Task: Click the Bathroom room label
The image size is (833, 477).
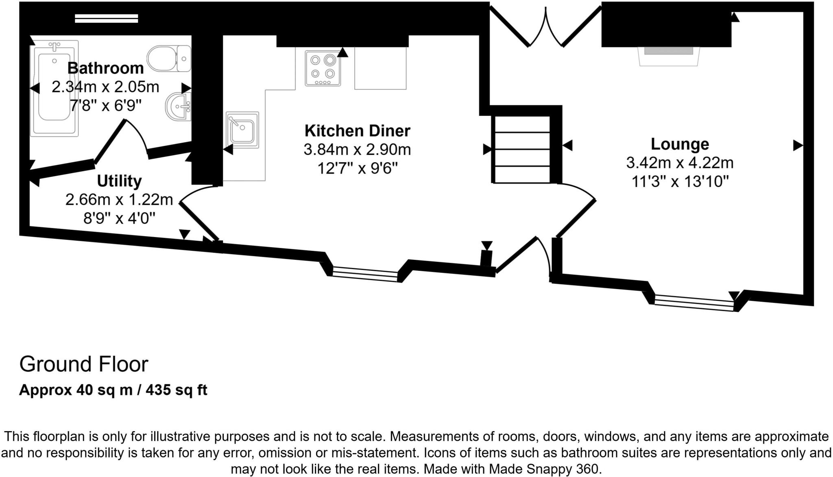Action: point(105,68)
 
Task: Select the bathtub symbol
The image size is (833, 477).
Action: point(54,87)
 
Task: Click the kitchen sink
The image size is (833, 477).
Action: point(242,130)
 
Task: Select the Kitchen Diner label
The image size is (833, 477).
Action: point(357,131)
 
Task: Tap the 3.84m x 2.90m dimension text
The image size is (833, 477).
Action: point(357,150)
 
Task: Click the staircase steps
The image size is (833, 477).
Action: point(522,150)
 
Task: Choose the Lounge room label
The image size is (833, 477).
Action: point(680,144)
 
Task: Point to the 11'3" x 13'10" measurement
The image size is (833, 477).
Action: point(680,181)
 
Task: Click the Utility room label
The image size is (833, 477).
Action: point(119,181)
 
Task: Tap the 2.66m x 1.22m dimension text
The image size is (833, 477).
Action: point(119,200)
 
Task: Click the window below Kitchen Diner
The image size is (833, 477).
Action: point(365,274)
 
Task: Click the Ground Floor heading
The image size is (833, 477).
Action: point(84,364)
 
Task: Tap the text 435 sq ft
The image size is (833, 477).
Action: point(177,390)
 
